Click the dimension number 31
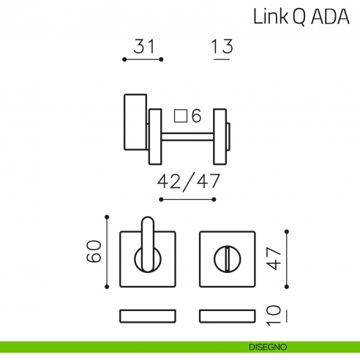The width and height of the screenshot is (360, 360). pos(144,48)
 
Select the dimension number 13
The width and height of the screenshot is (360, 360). pos(221,48)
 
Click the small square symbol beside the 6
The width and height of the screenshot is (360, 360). pos(179,115)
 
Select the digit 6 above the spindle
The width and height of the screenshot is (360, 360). pos(195,115)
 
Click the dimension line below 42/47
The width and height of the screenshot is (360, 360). pos(189,198)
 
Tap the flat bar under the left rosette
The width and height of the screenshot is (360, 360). pos(148,315)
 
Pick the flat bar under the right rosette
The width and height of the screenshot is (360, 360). pos(227,315)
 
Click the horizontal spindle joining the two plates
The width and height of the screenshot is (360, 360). pos(187,136)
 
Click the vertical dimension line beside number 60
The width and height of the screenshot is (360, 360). pos(108,252)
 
